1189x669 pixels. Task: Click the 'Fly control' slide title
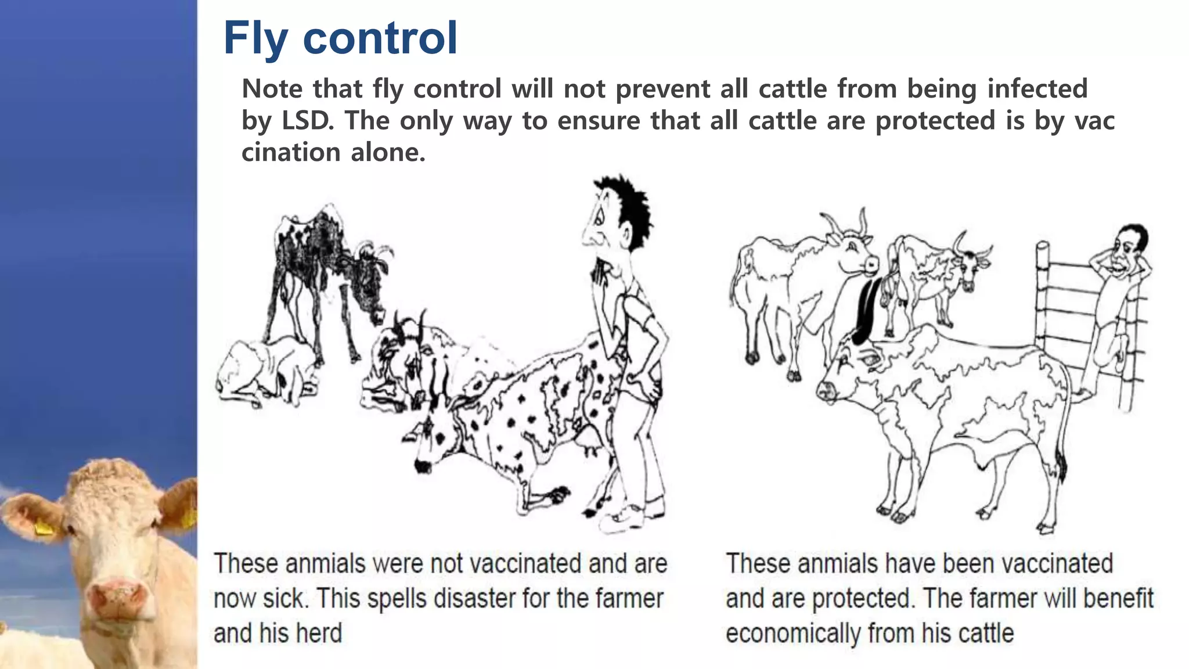coord(340,38)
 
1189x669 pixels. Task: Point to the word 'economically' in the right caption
coord(792,633)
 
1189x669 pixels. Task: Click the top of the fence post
coord(1043,247)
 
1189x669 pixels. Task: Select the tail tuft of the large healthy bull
coord(1060,467)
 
